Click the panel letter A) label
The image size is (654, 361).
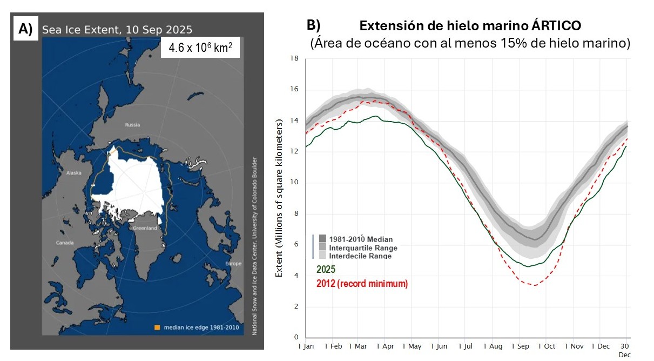pos(25,29)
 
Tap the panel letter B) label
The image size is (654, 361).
pos(313,25)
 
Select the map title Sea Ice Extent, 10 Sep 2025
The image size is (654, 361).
pos(117,30)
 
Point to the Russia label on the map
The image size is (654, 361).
pos(132,125)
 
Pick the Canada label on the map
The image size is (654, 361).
pos(65,243)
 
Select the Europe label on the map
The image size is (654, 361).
pos(233,264)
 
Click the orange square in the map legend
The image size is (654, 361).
pos(157,327)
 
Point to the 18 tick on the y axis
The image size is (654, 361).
pos(294,58)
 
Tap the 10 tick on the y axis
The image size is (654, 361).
pos(294,183)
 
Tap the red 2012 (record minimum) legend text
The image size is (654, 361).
pos(361,283)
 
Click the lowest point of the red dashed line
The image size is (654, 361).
pos(535,285)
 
